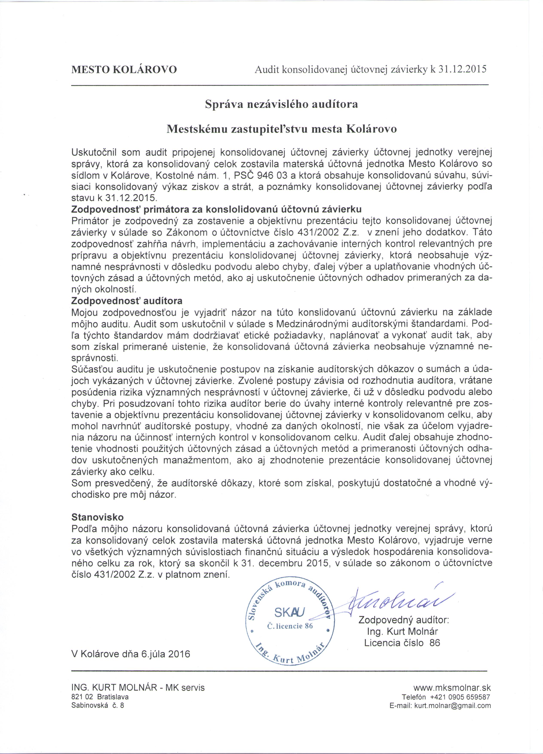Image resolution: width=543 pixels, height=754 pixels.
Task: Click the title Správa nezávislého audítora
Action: (x=281, y=104)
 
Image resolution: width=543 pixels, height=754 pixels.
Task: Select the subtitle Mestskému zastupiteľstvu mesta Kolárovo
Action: (x=281, y=129)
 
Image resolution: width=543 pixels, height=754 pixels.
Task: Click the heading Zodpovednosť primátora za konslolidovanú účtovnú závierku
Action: (x=217, y=209)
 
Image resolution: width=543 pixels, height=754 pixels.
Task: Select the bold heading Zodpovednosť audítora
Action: (x=127, y=301)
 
